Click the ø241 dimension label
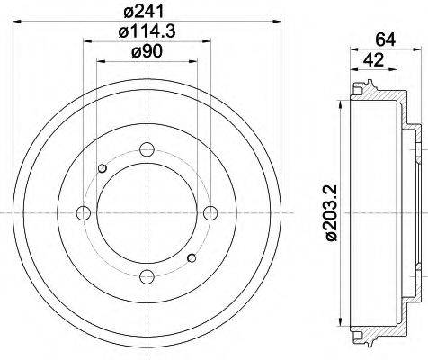tap(147, 11)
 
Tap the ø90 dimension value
tap(147, 52)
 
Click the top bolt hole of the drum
tap(147, 148)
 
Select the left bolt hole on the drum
tap(85, 212)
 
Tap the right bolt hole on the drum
tap(210, 212)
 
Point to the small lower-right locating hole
tap(191, 257)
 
